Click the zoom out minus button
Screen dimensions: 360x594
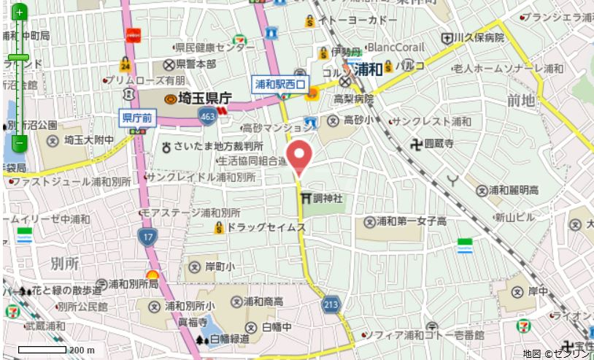click(19, 143)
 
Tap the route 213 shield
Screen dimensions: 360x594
click(332, 303)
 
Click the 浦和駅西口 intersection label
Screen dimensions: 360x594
click(280, 85)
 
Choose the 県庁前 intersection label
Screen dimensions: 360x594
click(136, 117)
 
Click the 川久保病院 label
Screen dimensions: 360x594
click(479, 37)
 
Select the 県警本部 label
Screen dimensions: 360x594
click(196, 64)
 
